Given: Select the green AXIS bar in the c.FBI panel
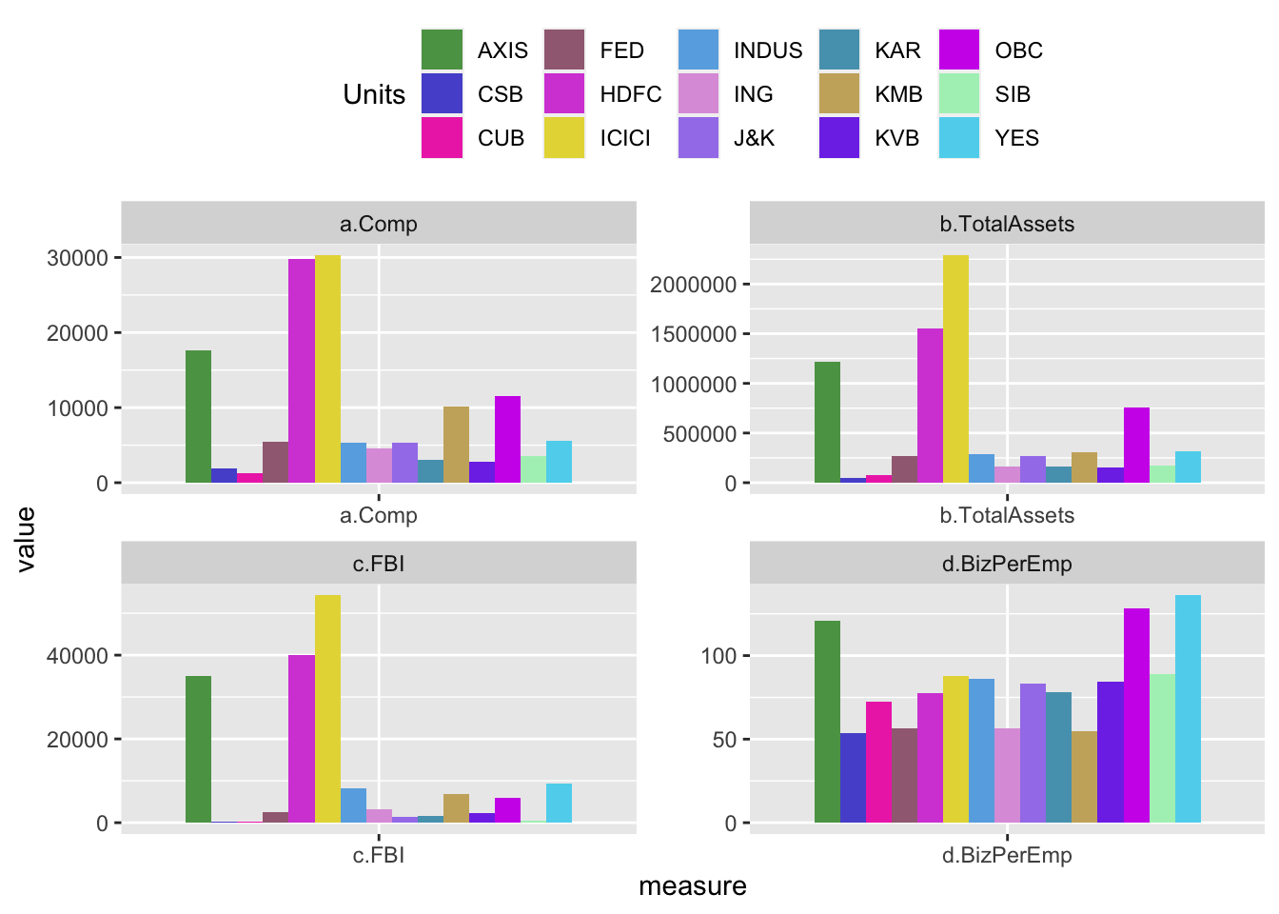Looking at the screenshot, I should pos(198,749).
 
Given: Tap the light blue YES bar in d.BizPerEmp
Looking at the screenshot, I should pos(1188,708).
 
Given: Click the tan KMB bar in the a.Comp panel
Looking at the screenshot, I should pos(456,445).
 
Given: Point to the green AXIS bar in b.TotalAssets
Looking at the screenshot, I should pos(827,423).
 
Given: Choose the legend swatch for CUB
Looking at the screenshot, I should pos(442,138).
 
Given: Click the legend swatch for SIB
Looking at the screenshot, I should pos(958,94).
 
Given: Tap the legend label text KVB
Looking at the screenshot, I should pos(896,139).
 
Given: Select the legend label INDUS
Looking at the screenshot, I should pos(768,50).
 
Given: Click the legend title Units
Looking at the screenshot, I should pos(374,94).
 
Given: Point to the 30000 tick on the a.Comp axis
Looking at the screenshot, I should pos(77,258).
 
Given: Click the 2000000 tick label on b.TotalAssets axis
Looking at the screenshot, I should pos(691,285).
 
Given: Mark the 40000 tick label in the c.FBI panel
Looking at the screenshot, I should pos(77,656).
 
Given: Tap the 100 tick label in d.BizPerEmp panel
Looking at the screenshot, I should pos(718,656).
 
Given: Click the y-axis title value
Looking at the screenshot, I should pos(26,539).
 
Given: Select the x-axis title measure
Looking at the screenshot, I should pos(692,886).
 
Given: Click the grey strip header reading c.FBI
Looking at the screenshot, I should pos(379,564).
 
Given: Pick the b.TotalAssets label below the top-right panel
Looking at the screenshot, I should pos(1007,515).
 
